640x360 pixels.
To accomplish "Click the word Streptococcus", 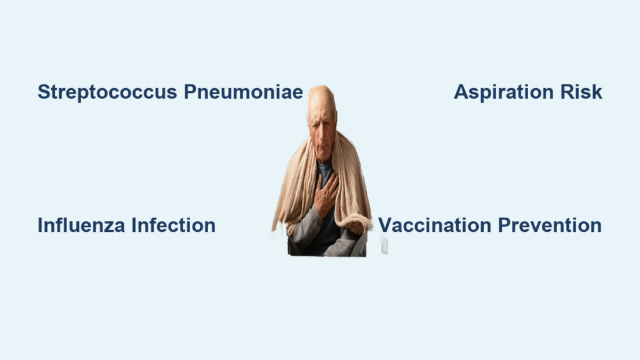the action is tap(107, 92).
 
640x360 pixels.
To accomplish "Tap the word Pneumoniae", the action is tap(243, 91).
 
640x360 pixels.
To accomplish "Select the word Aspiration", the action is tap(504, 92).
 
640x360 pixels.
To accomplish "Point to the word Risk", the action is tap(581, 91).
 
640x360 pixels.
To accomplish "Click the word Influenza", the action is tap(81, 225).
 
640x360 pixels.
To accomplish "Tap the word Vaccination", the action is tap(435, 225).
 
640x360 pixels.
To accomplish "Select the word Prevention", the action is tap(550, 225).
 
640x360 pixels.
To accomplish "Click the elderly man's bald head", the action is tap(322, 98).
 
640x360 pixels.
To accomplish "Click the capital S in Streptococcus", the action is tap(44, 91).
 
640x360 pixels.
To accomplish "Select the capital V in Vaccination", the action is tap(385, 225).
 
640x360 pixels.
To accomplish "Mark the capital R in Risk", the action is tap(567, 91).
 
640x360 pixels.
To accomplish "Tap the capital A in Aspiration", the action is tap(462, 91).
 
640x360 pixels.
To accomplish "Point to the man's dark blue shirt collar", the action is tap(325, 168).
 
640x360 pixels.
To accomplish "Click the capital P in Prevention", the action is tap(505, 225).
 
